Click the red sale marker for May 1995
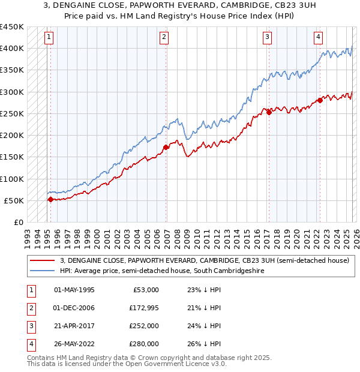(x=50, y=199)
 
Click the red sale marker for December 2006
(x=166, y=147)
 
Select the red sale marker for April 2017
(x=269, y=112)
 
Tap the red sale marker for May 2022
(x=320, y=100)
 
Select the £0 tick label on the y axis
(x=18, y=222)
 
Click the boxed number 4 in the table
(x=30, y=344)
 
